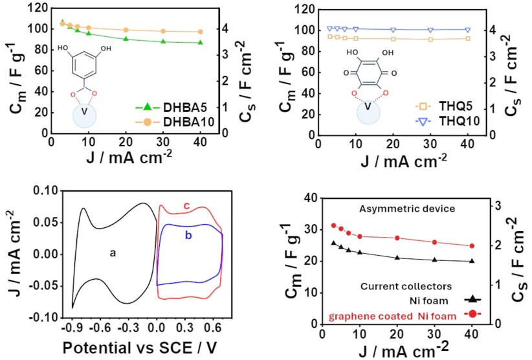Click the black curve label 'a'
point(112,253)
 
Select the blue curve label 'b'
point(189,236)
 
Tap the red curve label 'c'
point(186,206)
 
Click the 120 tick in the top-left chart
point(36,8)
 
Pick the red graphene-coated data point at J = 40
point(471,246)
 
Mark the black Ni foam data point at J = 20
point(397,258)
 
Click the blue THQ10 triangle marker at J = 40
point(470,30)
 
